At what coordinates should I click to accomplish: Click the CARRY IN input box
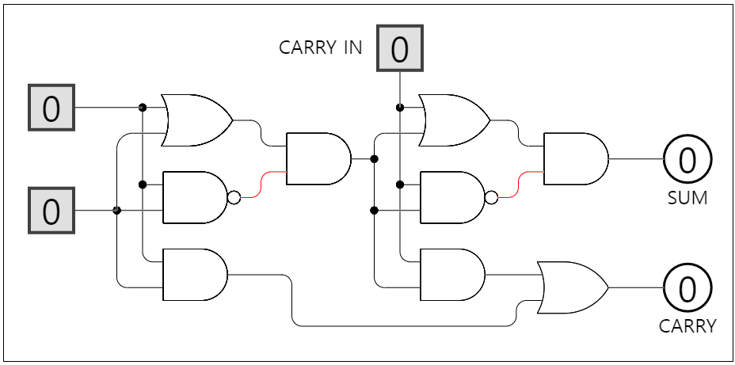point(399,48)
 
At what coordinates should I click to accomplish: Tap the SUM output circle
point(687,159)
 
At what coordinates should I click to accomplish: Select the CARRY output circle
point(687,287)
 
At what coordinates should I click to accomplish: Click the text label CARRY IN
point(321,48)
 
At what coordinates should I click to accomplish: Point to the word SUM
point(687,198)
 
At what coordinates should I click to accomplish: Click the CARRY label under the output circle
point(687,325)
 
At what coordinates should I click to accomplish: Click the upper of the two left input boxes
point(51,108)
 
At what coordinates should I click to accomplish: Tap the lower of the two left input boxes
point(51,211)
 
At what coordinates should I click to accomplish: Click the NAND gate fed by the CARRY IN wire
point(451,197)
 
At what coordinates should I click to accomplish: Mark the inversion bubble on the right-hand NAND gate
point(492,197)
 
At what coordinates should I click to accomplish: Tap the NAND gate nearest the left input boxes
point(193,197)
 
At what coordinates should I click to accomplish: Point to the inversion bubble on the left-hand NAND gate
point(234,197)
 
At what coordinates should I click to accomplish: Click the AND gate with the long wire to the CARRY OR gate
point(193,275)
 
